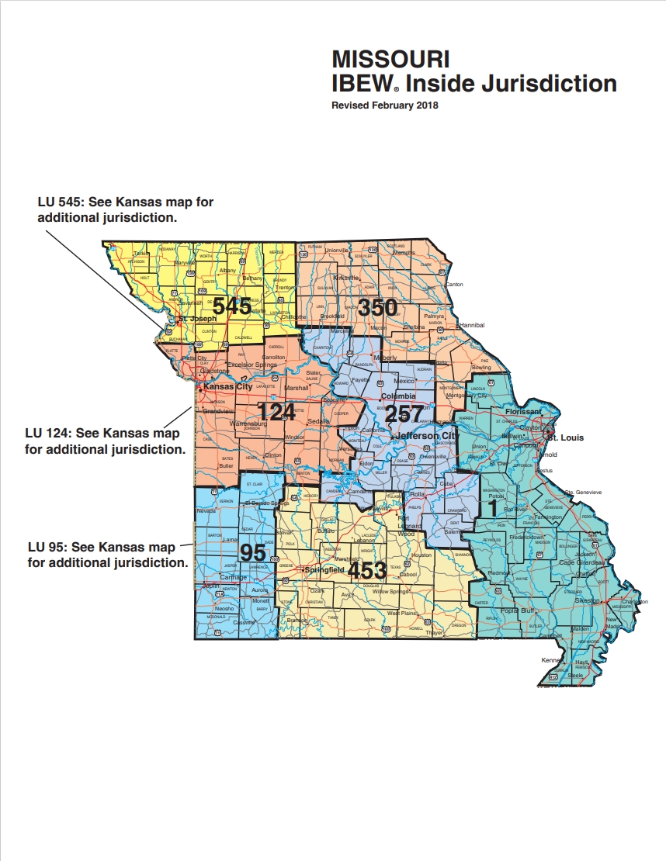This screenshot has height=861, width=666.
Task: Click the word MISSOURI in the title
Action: point(390,60)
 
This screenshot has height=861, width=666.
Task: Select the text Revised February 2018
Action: point(384,105)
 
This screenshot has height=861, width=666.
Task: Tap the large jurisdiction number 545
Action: point(232,306)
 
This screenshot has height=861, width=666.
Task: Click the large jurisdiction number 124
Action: point(277,411)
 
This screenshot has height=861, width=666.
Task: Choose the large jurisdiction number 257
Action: point(405,413)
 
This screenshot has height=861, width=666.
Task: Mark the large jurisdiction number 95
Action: point(252,553)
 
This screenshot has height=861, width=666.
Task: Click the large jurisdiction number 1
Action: point(491,507)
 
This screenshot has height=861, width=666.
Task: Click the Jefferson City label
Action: point(425,437)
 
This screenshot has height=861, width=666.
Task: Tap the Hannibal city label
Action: point(471,325)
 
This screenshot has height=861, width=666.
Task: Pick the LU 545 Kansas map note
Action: point(125,209)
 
